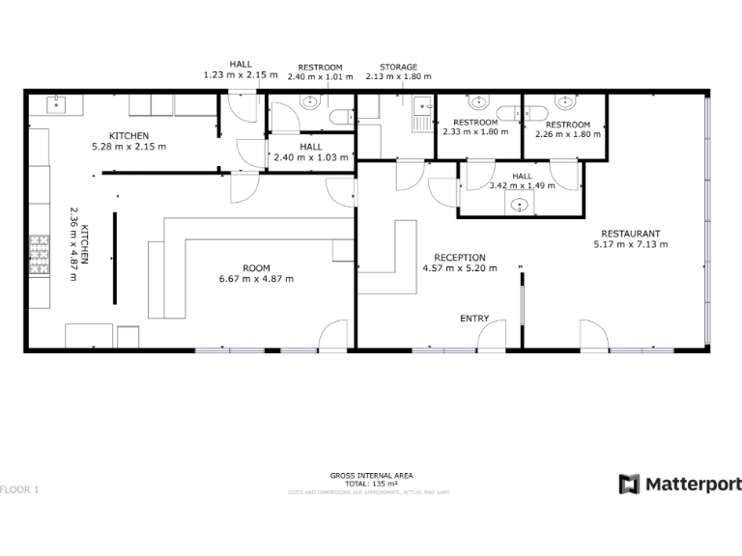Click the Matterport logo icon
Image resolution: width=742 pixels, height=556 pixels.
(x=629, y=484)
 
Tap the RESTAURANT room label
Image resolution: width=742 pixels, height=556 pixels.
(x=630, y=234)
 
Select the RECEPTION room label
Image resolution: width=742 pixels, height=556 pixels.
(x=460, y=257)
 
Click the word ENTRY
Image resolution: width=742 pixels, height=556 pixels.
(x=474, y=319)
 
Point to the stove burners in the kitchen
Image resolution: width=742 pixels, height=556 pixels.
(x=40, y=254)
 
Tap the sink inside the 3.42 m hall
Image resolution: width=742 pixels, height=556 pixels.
(x=521, y=204)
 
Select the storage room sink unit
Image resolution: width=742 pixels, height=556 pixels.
(x=421, y=113)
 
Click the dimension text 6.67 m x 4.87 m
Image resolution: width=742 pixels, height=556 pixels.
(x=256, y=279)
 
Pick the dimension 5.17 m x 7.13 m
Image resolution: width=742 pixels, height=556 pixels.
(x=630, y=245)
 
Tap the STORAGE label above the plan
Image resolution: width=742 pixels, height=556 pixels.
(x=397, y=65)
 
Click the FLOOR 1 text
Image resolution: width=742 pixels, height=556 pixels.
(x=19, y=489)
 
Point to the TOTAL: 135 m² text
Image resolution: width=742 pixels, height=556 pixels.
(x=371, y=484)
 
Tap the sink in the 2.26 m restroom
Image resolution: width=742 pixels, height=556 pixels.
(x=563, y=102)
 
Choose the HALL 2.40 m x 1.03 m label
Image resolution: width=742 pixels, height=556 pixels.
(x=310, y=153)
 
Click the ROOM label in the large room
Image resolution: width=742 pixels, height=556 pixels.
(x=256, y=267)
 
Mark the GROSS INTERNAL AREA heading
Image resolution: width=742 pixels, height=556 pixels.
(x=371, y=476)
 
